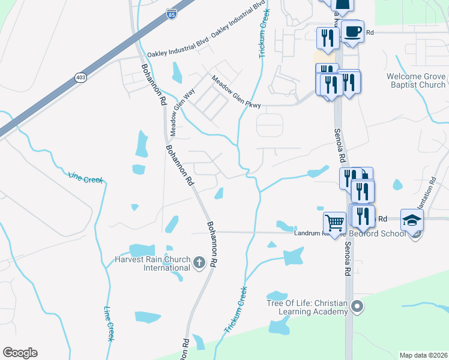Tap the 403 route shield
coord(80,77)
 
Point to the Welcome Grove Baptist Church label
coord(416,80)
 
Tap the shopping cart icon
coord(334,223)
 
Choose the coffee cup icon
coord(352,31)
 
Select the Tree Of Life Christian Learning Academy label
coord(308,307)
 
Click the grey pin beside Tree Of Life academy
coord(357,307)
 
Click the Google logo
coord(20,353)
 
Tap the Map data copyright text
coord(423,355)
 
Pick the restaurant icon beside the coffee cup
coord(327,38)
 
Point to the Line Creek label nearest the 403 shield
coord(85,177)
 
